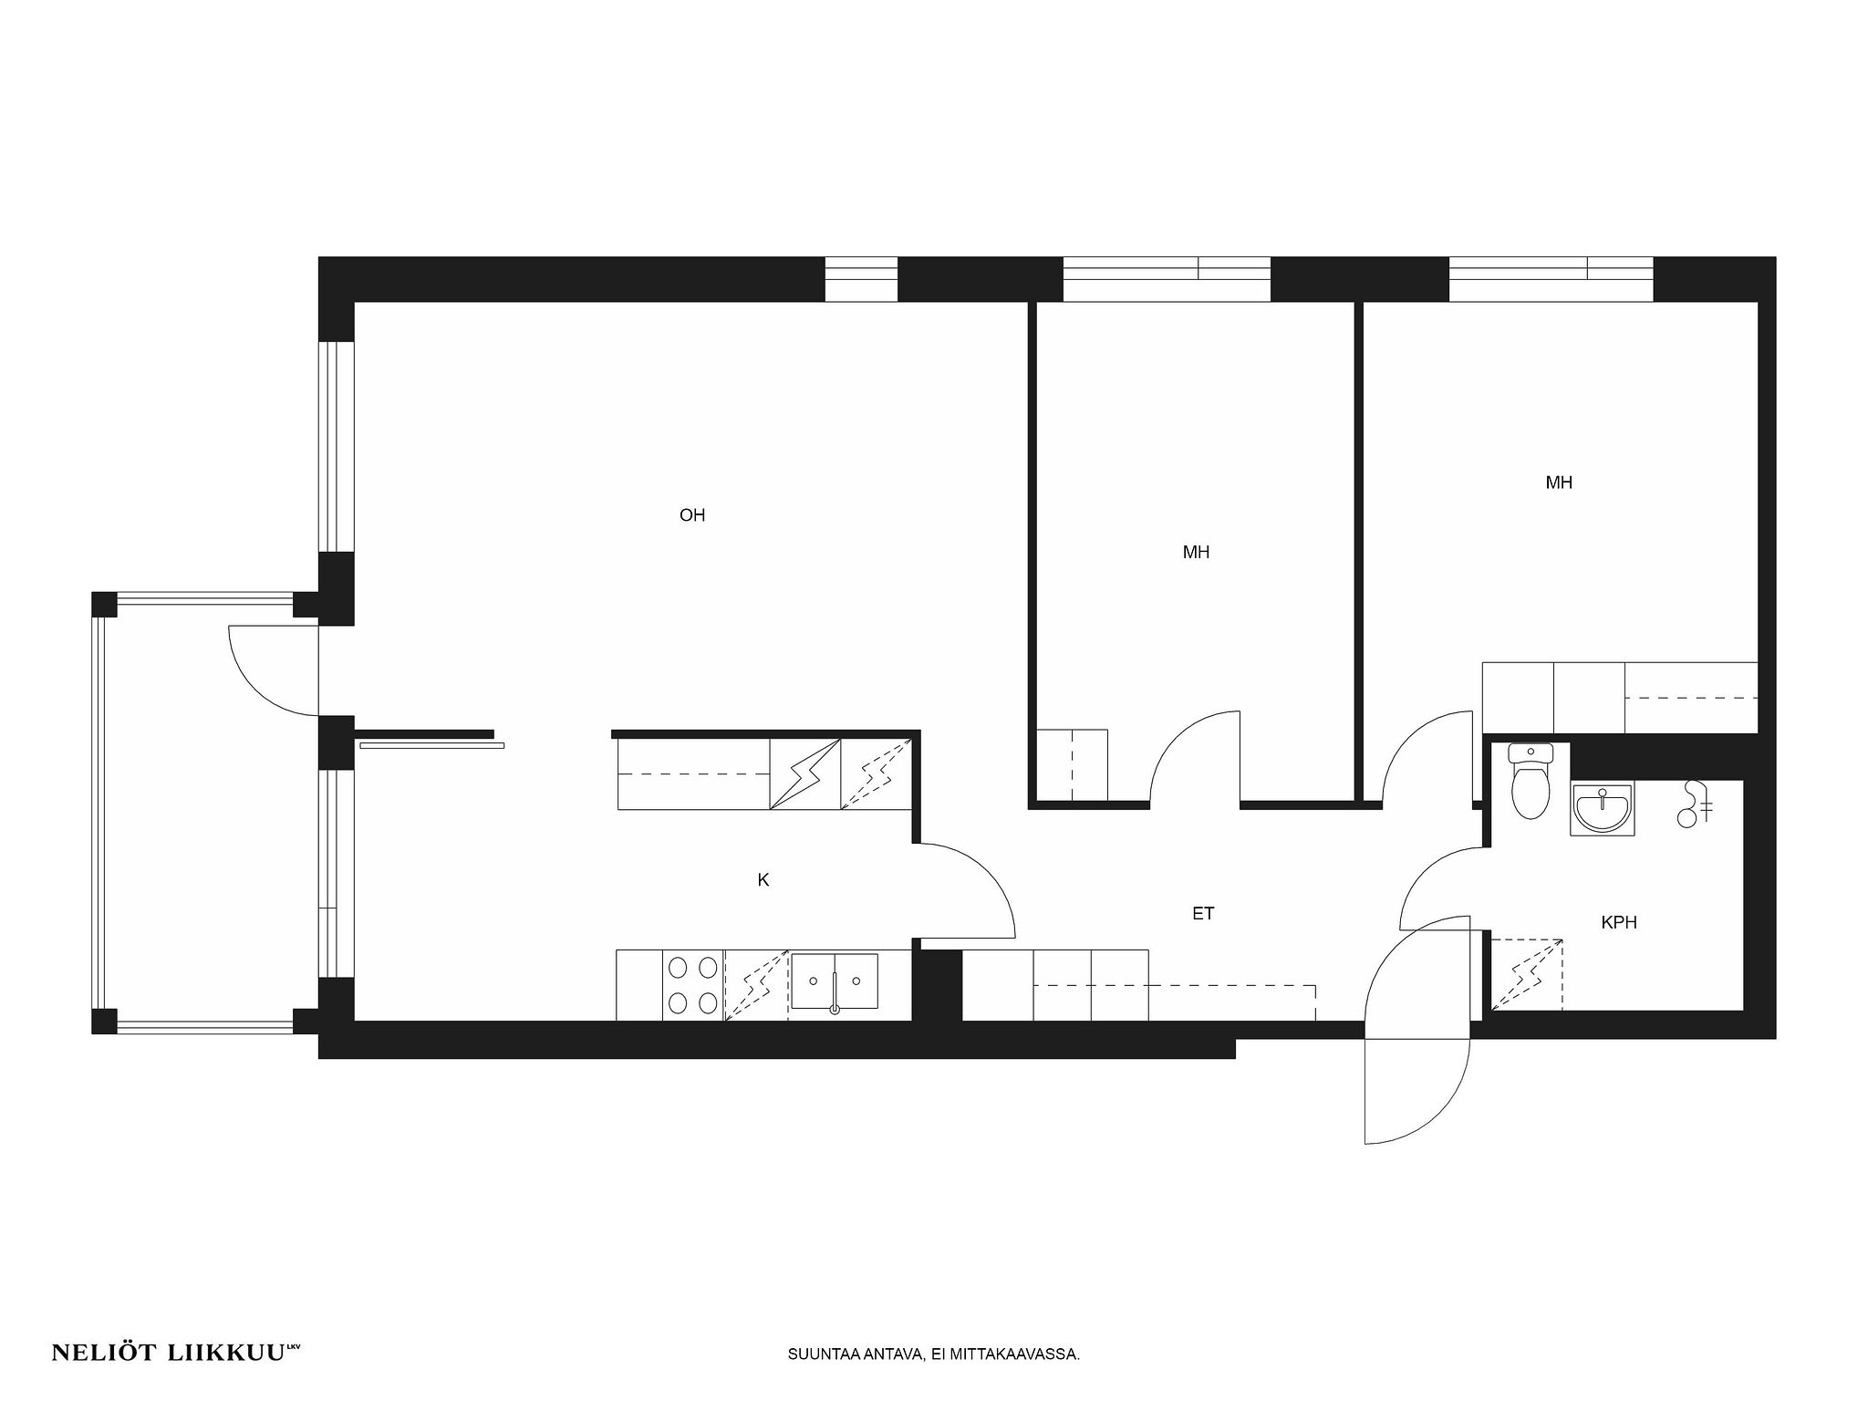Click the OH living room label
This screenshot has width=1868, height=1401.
click(692, 515)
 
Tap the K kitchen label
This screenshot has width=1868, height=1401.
click(763, 880)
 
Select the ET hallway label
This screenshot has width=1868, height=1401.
click(1203, 913)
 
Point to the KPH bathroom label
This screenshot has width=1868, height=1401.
click(1619, 922)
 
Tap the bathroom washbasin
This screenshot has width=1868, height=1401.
click(1602, 808)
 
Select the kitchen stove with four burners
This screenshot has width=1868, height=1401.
click(692, 985)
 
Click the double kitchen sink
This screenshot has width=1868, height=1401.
click(835, 983)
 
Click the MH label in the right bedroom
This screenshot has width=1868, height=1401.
click(1559, 483)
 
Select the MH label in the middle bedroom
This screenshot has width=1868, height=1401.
click(1196, 552)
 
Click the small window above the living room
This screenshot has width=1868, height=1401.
click(861, 279)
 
